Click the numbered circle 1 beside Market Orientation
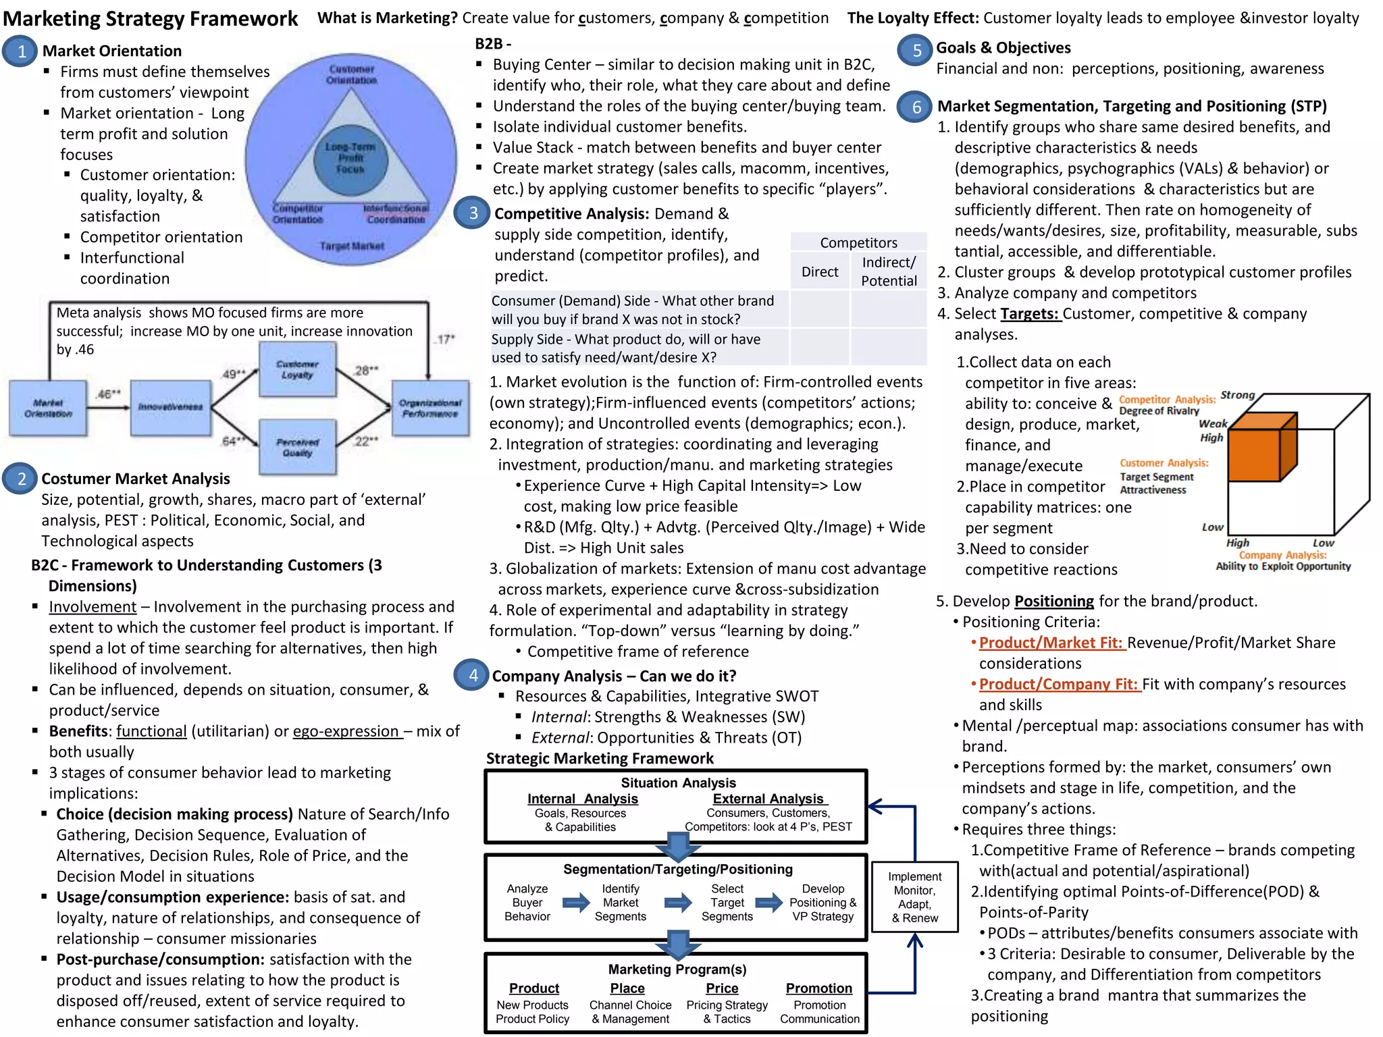click(21, 52)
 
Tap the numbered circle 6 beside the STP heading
click(916, 107)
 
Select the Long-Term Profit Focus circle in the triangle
click(350, 158)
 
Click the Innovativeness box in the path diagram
click(171, 407)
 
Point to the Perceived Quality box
click(297, 447)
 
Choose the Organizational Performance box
click(430, 408)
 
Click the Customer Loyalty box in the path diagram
click(297, 369)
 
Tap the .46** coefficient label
click(108, 394)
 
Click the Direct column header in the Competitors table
click(820, 272)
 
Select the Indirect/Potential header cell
click(889, 271)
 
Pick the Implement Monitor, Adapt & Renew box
click(914, 897)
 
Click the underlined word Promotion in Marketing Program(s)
click(818, 988)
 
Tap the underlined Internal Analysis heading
click(582, 799)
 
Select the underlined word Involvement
click(93, 607)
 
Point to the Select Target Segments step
click(727, 903)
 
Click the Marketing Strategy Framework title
click(151, 19)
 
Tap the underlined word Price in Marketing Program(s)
click(722, 988)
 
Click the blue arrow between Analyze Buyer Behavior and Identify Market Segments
click(575, 903)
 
